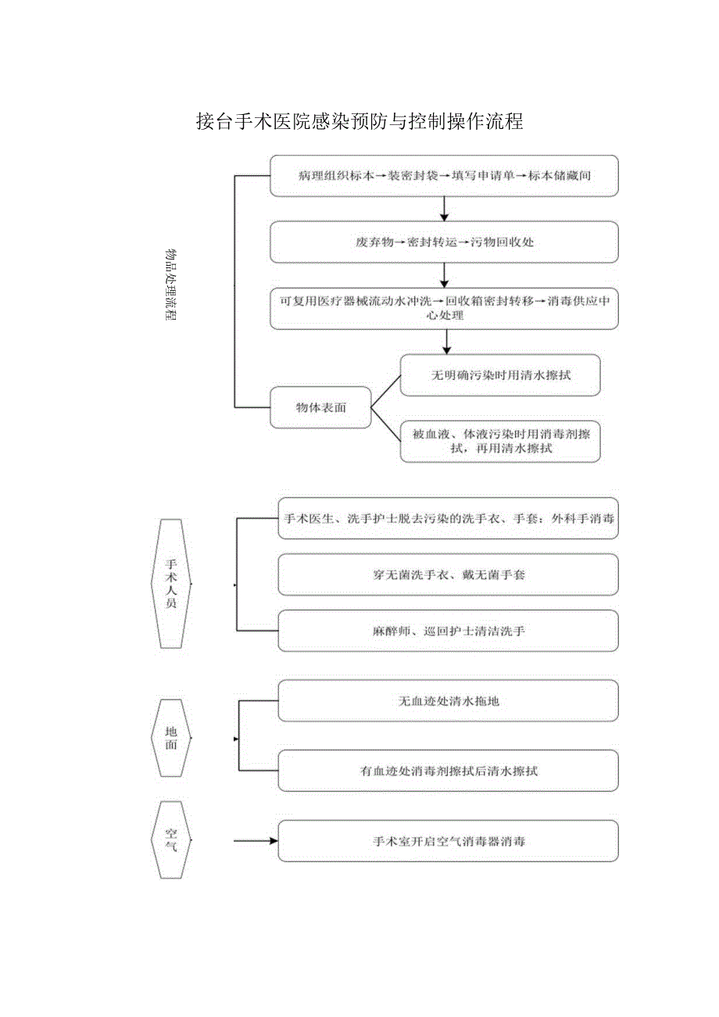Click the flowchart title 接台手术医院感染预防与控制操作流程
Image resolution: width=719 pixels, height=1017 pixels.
click(359, 122)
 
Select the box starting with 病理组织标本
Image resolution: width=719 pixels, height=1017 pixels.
click(444, 175)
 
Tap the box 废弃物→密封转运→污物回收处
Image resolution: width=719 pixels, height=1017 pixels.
click(444, 242)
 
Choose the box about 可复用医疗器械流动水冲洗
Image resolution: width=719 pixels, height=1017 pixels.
click(444, 308)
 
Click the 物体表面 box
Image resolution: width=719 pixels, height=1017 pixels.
click(320, 406)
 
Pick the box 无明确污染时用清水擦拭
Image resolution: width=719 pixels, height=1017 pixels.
click(500, 375)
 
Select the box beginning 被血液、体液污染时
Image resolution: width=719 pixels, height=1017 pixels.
click(500, 442)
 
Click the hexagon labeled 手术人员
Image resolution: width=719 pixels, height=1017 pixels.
click(170, 583)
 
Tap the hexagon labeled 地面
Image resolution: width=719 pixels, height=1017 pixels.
click(170, 738)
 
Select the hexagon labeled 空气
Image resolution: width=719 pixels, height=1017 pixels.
click(170, 840)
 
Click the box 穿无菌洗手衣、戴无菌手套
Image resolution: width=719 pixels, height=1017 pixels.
click(449, 575)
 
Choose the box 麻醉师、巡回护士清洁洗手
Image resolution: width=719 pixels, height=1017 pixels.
click(449, 631)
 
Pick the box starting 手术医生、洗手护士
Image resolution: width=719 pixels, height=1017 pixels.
click(449, 518)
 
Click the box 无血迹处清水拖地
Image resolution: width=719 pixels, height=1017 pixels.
click(449, 700)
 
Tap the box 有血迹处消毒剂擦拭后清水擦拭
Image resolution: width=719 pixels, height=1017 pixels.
click(449, 771)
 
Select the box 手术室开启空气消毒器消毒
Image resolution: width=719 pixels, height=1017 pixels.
click(449, 841)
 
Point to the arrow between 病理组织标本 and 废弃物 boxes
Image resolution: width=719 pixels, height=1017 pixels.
click(445, 208)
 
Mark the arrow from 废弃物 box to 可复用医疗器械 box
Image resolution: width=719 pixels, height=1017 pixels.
click(445, 274)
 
